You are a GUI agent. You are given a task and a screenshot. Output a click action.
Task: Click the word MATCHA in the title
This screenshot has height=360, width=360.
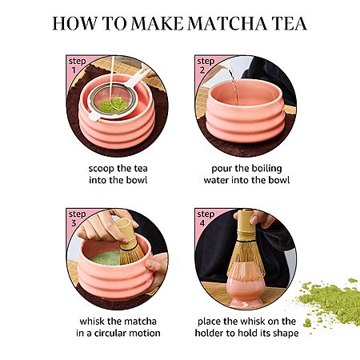(x=227, y=23)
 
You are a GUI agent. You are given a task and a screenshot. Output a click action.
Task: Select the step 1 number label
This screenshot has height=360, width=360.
(x=74, y=70)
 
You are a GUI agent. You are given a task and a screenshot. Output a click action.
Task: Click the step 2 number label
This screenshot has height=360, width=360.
(x=202, y=70)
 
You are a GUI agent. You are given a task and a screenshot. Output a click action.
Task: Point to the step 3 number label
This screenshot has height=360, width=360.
(x=74, y=223)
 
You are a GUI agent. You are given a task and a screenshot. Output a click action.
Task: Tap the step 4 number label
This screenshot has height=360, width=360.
(x=202, y=223)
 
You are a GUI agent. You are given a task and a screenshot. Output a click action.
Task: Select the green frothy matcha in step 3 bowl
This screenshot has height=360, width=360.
(x=106, y=258)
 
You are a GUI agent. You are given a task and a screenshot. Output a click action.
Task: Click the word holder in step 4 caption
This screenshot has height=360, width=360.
(x=208, y=333)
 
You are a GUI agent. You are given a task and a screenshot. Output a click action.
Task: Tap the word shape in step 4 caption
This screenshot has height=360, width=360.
(x=286, y=334)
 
